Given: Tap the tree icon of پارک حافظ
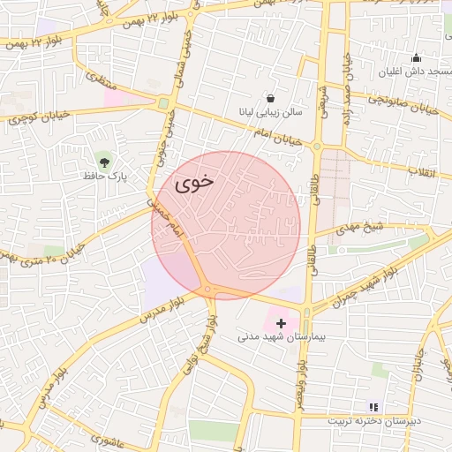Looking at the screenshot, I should (x=105, y=162).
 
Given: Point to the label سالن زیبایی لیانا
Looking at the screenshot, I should (x=266, y=112).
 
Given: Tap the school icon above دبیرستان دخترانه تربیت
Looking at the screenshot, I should (x=373, y=407).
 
